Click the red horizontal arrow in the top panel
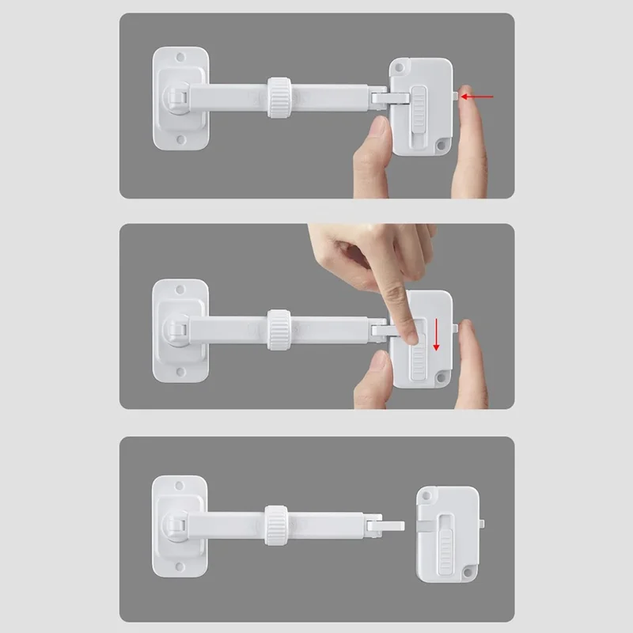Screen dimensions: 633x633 (478, 97)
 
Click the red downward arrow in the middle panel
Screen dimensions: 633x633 (435, 335)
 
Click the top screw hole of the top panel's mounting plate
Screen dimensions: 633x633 (180, 58)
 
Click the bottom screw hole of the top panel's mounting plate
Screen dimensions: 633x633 (180, 140)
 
